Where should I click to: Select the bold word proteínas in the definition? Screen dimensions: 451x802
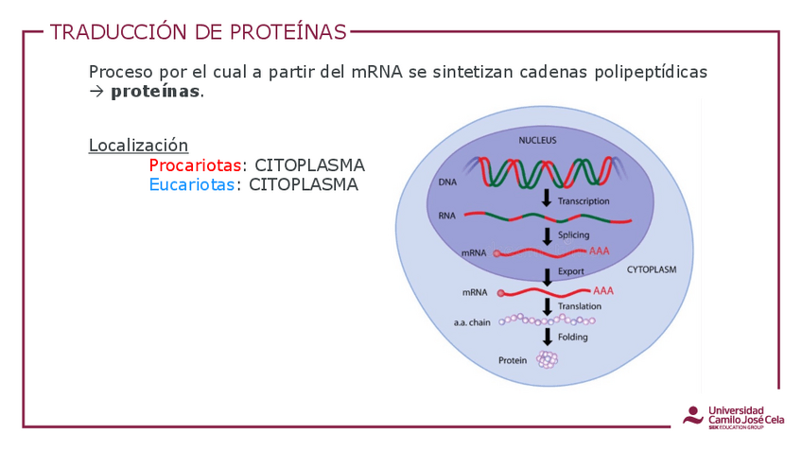tap(155, 92)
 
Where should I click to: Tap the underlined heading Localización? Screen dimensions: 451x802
tap(138, 146)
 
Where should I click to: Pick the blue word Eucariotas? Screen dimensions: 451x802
tap(192, 185)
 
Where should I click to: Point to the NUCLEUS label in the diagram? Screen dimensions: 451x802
tap(537, 141)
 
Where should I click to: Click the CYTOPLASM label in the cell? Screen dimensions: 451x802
tap(652, 269)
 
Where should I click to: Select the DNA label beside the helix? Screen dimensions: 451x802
tap(447, 182)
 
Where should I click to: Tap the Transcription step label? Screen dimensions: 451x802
tap(584, 201)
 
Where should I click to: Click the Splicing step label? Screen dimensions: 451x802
tap(574, 235)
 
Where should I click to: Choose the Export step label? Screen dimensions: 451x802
tap(571, 271)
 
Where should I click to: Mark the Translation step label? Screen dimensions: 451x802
tap(580, 306)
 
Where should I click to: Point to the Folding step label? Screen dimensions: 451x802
tap(572, 338)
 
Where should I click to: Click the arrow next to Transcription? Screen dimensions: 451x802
tap(547, 199)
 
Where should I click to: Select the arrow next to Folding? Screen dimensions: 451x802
tap(547, 337)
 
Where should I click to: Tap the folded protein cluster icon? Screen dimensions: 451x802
tap(547, 359)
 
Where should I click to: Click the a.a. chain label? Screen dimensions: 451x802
tap(472, 322)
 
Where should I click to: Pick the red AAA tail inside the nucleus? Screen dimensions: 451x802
tap(600, 252)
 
